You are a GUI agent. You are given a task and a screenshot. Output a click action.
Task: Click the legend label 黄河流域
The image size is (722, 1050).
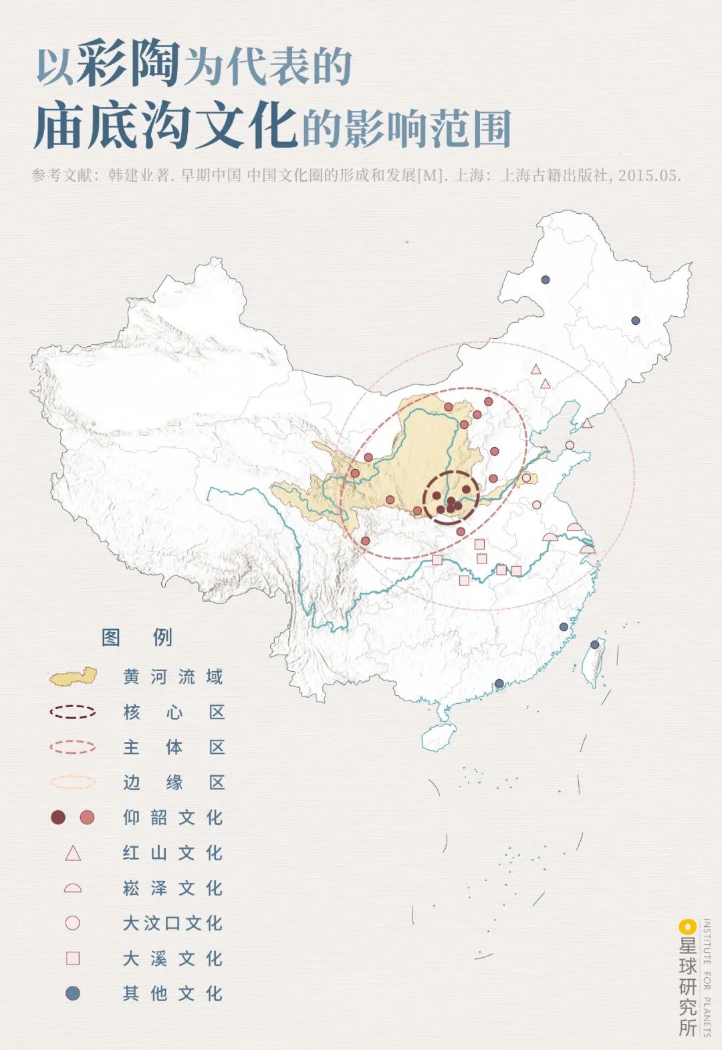[172, 677]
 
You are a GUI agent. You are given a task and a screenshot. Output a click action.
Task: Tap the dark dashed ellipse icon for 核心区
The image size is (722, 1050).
[72, 712]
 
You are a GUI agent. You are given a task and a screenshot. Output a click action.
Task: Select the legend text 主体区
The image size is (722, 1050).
[172, 747]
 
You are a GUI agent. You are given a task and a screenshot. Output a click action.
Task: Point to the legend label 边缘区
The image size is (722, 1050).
[172, 782]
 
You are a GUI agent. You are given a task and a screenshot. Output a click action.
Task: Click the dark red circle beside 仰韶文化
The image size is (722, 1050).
[58, 817]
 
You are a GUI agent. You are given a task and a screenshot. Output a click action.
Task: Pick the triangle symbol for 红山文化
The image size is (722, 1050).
[72, 854]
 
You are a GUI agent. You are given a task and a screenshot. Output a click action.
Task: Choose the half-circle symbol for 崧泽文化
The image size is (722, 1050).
[72, 888]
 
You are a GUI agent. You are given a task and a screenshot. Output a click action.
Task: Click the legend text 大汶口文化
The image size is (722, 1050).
[172, 923]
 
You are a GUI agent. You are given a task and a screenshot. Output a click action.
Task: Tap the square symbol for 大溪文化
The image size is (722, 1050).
[72, 958]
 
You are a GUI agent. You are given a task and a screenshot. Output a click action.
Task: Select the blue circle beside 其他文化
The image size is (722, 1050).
[72, 994]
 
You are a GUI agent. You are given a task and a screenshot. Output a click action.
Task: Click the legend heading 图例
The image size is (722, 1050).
[137, 637]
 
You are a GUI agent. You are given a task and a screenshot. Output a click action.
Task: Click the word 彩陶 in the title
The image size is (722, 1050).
[128, 65]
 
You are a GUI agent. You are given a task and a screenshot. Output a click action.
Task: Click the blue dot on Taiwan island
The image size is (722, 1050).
[595, 644]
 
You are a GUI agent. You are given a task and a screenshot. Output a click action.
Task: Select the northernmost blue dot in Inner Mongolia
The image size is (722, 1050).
[546, 279]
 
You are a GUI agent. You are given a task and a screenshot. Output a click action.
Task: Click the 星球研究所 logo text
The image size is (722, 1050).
[687, 986]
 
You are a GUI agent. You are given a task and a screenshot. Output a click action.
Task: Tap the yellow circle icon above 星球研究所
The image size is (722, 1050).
[687, 926]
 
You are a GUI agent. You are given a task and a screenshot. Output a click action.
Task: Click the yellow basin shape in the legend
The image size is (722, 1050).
[72, 677]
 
